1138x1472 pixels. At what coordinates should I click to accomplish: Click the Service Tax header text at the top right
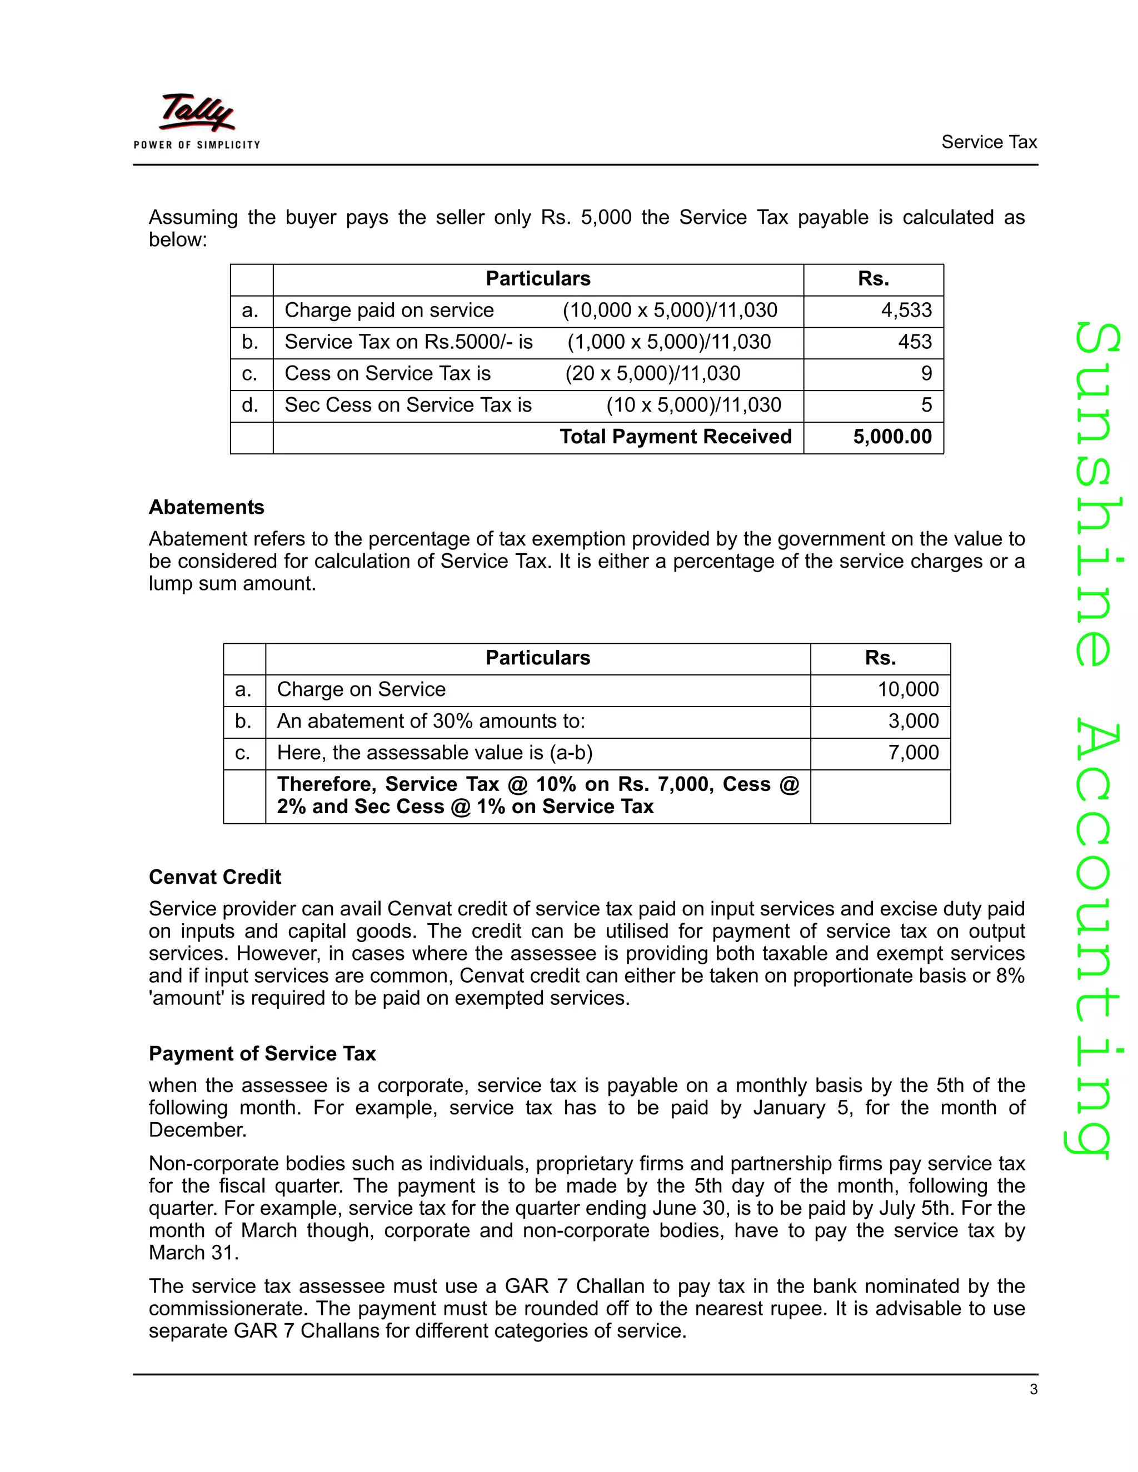tap(989, 142)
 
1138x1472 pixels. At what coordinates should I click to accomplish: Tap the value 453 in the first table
tap(914, 342)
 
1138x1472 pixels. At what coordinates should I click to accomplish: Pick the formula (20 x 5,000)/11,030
tap(652, 373)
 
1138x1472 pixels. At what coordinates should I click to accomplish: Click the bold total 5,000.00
tap(892, 437)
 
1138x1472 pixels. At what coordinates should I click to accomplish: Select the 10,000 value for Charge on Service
tap(907, 689)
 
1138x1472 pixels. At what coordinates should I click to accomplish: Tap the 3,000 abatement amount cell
tap(913, 721)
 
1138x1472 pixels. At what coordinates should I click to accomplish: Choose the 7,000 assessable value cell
tap(913, 753)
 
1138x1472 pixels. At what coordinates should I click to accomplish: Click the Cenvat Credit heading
tap(214, 877)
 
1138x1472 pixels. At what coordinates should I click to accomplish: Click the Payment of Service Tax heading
tap(262, 1053)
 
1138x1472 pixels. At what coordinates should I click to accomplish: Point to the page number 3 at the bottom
tap(1034, 1389)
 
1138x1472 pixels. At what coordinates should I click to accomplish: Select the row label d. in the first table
tap(250, 405)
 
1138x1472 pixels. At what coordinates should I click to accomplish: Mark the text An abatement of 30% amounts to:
tap(431, 721)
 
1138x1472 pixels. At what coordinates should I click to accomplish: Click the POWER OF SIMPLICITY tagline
tap(196, 145)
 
